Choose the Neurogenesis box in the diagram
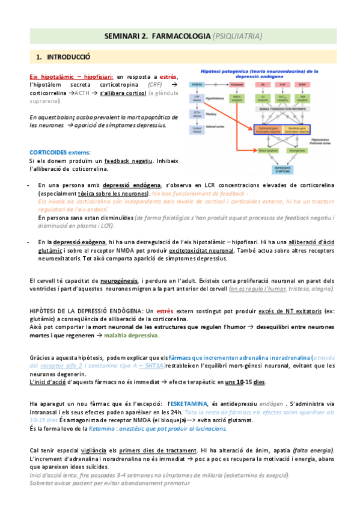tap(299, 150)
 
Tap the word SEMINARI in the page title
tap(123, 36)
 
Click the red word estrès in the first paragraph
tap(168, 76)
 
